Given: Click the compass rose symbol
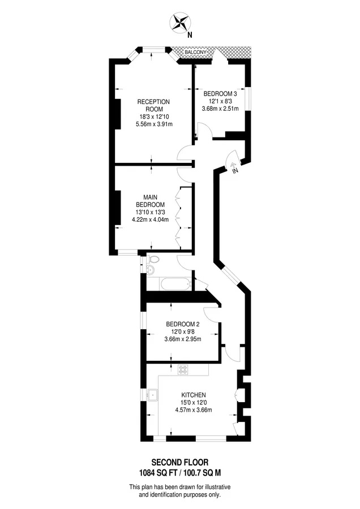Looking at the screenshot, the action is tap(181, 23).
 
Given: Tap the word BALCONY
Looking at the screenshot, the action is tap(195, 52).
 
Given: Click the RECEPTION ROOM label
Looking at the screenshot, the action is tap(154, 106).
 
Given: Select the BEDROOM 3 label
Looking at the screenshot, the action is tap(220, 94).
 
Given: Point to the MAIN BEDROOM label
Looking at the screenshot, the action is tap(150, 201).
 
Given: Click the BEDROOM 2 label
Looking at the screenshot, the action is tap(183, 324).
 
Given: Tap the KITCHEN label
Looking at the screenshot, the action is tap(194, 395).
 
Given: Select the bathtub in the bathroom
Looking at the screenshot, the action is tap(175, 284).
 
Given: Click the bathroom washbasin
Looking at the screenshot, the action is tap(151, 269).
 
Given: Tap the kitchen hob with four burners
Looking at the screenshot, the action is tap(183, 370).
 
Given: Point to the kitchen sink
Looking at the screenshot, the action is tap(152, 395).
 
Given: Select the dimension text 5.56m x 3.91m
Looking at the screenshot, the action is tap(154, 124).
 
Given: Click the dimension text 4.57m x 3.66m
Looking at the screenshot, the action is tap(194, 410).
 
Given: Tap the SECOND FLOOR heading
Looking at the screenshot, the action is tap(180, 462).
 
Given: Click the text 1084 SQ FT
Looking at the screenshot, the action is tap(158, 473).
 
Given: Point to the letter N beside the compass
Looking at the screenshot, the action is tap(190, 34).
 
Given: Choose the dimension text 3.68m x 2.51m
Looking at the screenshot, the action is tap(220, 109).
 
